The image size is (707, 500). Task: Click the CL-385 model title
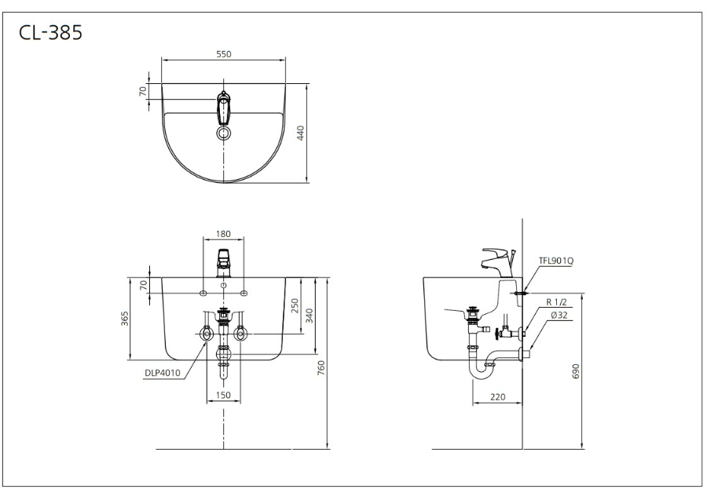(50, 32)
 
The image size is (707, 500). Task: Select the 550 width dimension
(224, 54)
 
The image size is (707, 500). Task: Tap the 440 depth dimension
(301, 133)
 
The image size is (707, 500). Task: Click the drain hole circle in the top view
(224, 133)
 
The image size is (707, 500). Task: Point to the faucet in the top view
(224, 108)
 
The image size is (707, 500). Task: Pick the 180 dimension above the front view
(223, 234)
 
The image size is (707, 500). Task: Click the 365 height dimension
(125, 319)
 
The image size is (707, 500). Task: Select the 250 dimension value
(295, 306)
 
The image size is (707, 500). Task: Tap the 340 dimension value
(309, 316)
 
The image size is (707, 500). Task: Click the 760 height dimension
(321, 368)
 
